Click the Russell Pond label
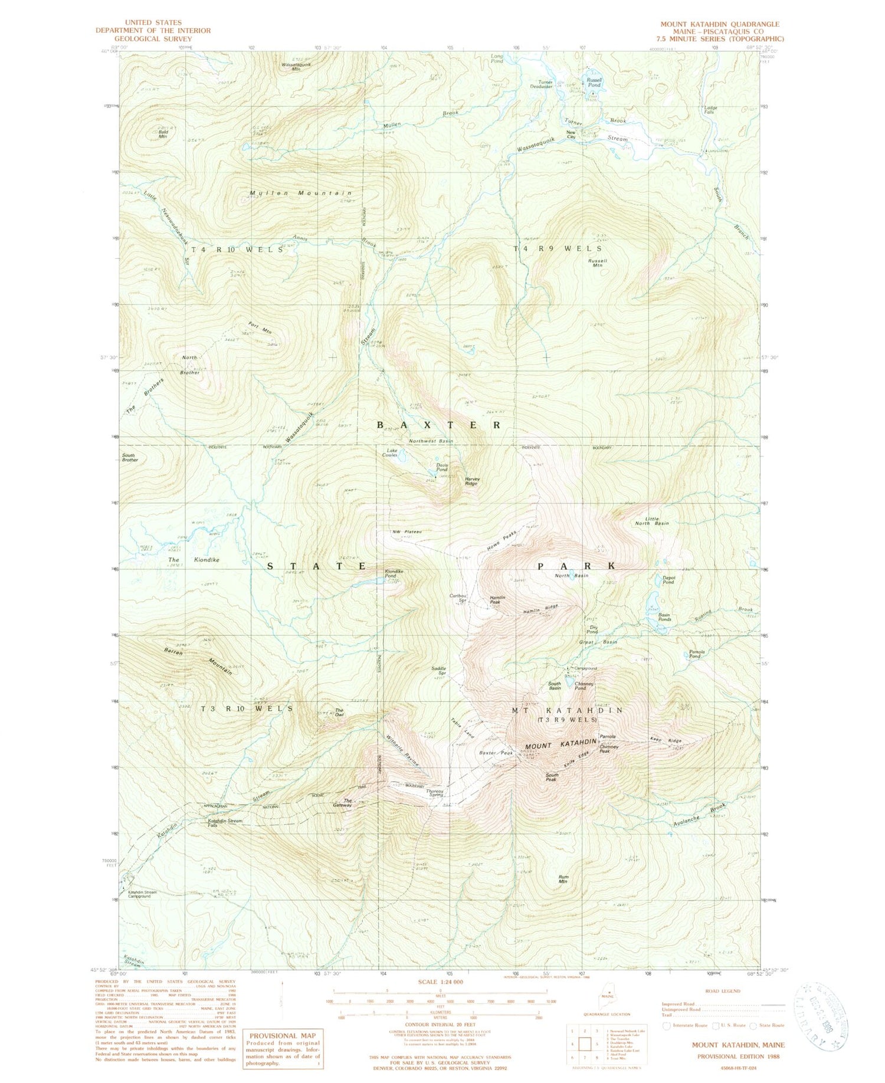pos(594,83)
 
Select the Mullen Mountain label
pos(300,193)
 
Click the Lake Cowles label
pos(390,452)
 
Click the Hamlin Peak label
pos(497,600)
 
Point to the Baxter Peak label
pos(496,753)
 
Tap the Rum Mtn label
pos(563,879)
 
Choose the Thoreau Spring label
pos(434,793)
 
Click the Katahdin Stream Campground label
pos(143,894)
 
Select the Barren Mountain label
pos(198,662)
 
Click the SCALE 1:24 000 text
pos(440,982)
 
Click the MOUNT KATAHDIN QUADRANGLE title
pos(719,24)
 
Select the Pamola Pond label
pos(695,654)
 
